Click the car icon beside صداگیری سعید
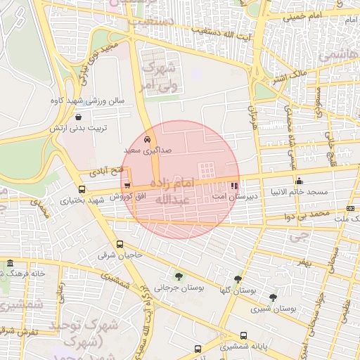[147, 140]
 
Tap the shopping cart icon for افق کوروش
[127, 186]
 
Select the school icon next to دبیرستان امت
[233, 186]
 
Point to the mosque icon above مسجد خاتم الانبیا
[300, 179]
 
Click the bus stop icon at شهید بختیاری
[82, 189]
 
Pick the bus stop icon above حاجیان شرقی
[120, 245]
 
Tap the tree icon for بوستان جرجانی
[177, 276]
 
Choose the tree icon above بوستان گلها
[238, 278]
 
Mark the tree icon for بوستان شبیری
[273, 297]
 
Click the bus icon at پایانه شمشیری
[243, 336]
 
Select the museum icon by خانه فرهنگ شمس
[10, 264]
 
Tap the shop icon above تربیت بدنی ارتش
[77, 117]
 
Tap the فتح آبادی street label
[107, 170]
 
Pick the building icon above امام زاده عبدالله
[207, 170]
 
